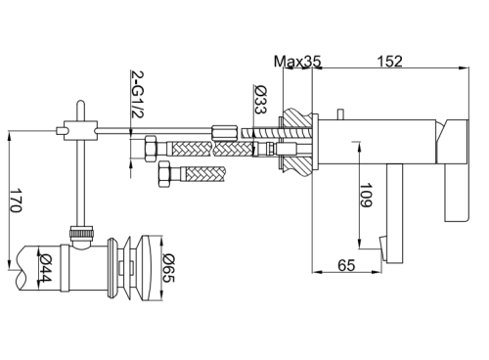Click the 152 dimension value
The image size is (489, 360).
pyautogui.click(x=389, y=61)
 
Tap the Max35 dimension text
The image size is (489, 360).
pyautogui.click(x=297, y=61)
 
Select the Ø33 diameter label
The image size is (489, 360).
pyautogui.click(x=260, y=99)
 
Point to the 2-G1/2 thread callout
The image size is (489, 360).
pyautogui.click(x=137, y=94)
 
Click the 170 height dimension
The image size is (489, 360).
pyautogui.click(x=16, y=200)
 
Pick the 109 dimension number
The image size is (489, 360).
pyautogui.click(x=366, y=195)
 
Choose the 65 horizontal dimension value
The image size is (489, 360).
pyautogui.click(x=346, y=265)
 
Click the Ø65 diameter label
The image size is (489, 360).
pyautogui.click(x=169, y=268)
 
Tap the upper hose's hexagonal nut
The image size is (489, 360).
pyautogui.click(x=151, y=148)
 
